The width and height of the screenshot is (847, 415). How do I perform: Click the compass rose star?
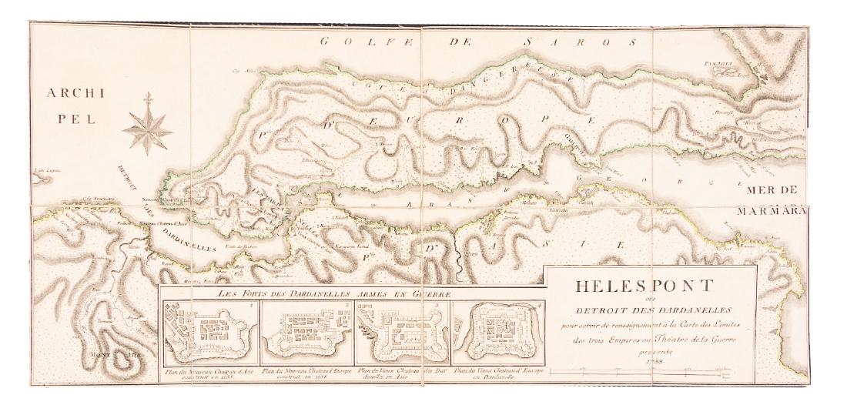(148, 123)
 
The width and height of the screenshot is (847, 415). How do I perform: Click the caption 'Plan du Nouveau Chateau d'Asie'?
(208, 374)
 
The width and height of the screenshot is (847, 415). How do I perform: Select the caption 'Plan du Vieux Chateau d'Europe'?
(498, 374)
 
